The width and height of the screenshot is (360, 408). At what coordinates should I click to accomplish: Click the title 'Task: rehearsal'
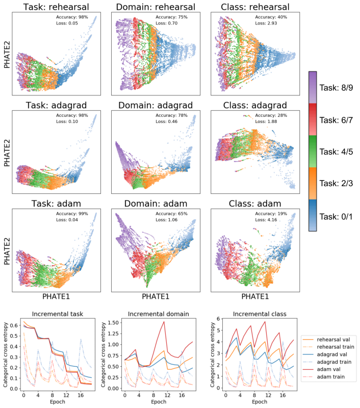click(56, 7)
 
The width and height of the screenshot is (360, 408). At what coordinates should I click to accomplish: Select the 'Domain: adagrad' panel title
click(156, 105)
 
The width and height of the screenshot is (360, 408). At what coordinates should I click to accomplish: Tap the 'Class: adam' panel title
click(255, 203)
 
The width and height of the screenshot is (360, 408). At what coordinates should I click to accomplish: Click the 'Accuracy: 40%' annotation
click(271, 17)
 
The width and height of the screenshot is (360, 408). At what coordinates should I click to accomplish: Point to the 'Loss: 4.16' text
click(266, 220)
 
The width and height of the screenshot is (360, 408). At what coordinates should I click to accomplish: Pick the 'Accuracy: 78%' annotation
click(171, 115)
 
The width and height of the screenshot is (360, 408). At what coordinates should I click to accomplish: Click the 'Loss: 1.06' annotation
click(166, 220)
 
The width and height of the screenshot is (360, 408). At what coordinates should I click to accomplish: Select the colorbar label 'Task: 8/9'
click(336, 88)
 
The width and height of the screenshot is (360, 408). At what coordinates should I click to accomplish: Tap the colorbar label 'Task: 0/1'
click(336, 216)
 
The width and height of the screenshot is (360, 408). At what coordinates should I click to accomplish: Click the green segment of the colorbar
click(313, 151)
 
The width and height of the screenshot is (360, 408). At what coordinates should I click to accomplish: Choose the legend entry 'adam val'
click(328, 369)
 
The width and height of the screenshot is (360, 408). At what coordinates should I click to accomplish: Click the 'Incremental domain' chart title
click(159, 314)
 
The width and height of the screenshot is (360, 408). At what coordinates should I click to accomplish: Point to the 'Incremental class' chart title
click(260, 314)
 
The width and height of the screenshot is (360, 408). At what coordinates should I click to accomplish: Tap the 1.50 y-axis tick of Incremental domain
click(113, 323)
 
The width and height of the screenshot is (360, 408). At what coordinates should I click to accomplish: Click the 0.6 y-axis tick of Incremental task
click(14, 325)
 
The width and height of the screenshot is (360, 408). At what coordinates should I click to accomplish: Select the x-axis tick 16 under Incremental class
click(282, 395)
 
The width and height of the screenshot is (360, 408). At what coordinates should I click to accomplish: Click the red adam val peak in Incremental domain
click(164, 322)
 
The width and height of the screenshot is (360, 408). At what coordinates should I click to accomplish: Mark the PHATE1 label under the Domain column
click(156, 296)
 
